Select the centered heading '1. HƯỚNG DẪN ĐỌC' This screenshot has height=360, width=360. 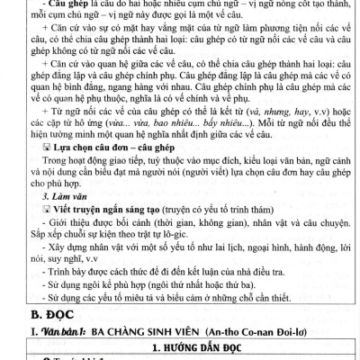coord(179,347)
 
